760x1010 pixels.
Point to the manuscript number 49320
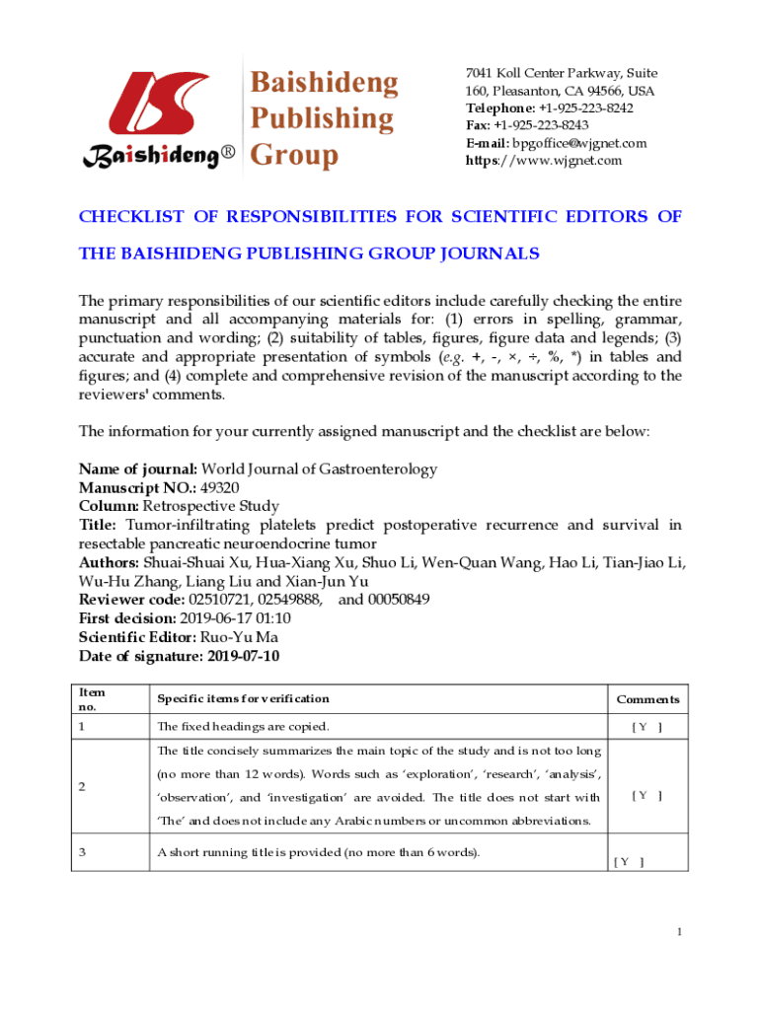click(219, 487)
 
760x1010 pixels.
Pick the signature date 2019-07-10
click(244, 655)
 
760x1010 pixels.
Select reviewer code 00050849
click(384, 599)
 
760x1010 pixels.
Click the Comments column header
click(647, 699)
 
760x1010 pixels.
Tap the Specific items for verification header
click(243, 699)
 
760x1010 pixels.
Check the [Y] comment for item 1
click(646, 728)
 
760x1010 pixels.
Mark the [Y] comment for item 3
click(629, 861)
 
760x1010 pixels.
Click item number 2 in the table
click(83, 786)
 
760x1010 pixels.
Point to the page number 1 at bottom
click(680, 932)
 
